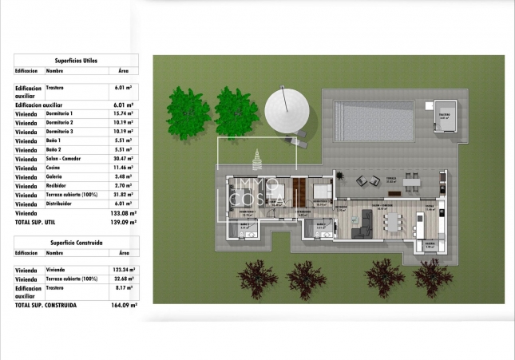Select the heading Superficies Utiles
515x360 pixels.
[77, 60]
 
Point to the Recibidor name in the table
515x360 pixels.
[58, 185]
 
